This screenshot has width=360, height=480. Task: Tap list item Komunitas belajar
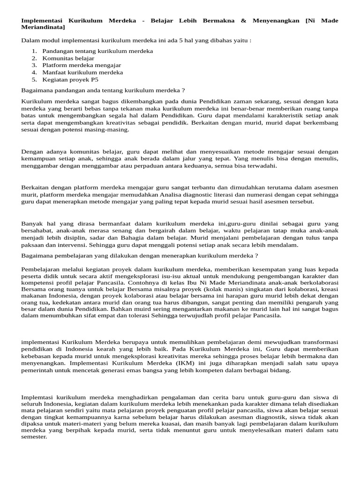click(68, 58)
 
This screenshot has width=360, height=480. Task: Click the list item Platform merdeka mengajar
click(82, 65)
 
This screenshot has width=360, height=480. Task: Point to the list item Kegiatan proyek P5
click(70, 80)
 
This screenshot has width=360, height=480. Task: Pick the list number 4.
click(34, 73)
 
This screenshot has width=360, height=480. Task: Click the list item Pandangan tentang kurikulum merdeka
click(97, 51)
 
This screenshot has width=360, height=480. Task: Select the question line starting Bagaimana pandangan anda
click(103, 90)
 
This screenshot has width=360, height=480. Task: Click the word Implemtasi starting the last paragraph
click(37, 397)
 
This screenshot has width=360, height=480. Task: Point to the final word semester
click(34, 437)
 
